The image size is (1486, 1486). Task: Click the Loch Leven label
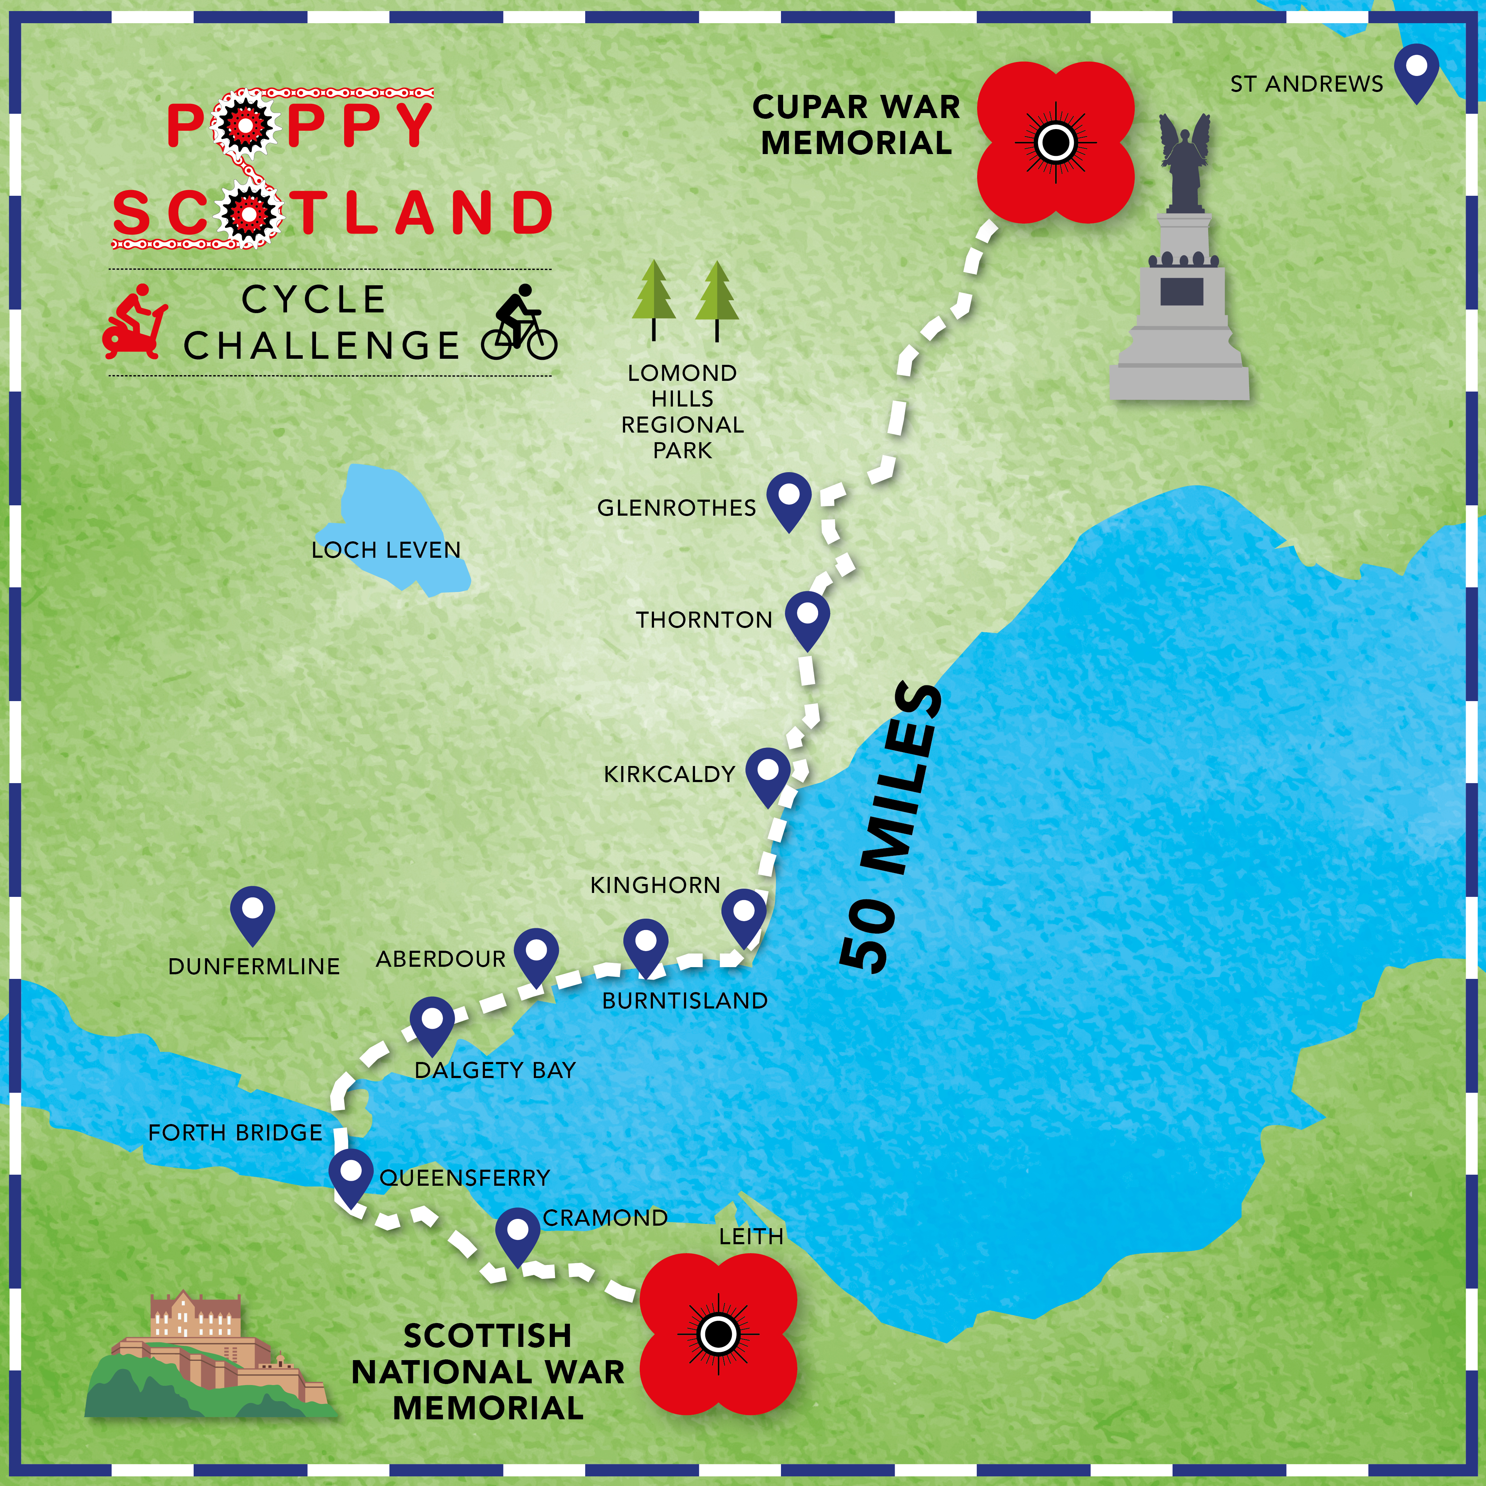pos(386,550)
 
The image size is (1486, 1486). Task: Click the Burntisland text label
pos(685,1001)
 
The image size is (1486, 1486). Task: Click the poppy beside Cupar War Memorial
pos(1055,142)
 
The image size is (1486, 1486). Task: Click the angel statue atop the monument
pos(1185,162)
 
